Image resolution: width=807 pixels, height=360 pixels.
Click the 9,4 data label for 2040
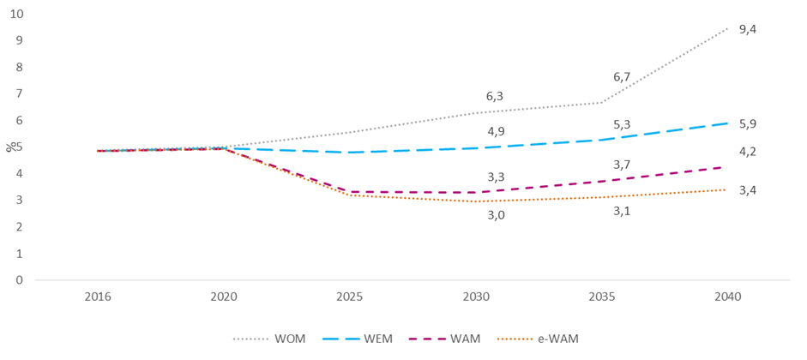click(748, 29)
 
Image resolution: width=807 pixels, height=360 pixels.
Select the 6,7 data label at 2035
click(622, 77)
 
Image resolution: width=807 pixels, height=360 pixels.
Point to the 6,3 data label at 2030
click(496, 97)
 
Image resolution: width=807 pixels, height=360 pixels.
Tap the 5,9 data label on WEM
click(748, 123)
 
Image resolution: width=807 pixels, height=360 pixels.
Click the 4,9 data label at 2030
click(496, 132)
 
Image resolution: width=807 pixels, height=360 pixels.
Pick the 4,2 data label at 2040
click(748, 152)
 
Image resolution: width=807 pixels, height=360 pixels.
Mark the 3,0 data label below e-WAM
click(496, 215)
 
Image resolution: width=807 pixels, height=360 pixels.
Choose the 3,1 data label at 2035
click(622, 210)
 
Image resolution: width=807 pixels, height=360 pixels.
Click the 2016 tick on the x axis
click(98, 297)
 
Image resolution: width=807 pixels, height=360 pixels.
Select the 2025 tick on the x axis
click(350, 297)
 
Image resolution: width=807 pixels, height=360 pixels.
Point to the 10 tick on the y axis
click(17, 14)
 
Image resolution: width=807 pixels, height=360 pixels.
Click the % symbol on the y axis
click(9, 147)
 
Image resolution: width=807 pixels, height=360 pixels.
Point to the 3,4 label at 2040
click(748, 189)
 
